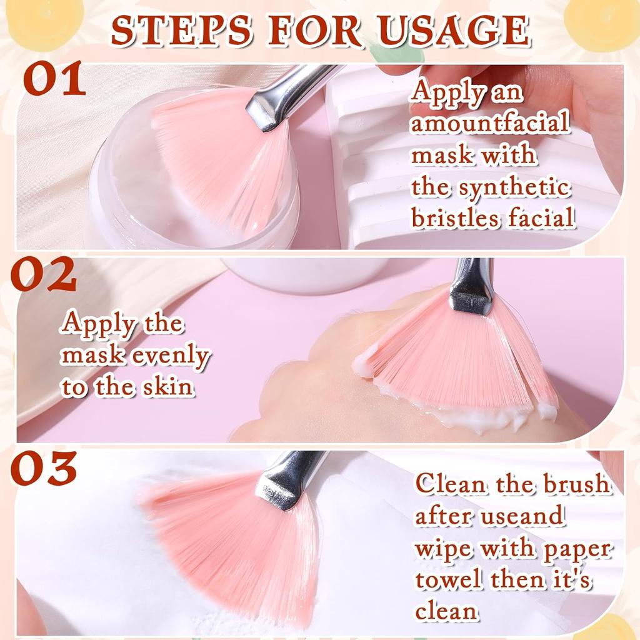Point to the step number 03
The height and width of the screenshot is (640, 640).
point(44,469)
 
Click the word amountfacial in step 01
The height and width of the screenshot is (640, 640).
point(491,123)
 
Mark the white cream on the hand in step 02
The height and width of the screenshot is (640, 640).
point(462,416)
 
